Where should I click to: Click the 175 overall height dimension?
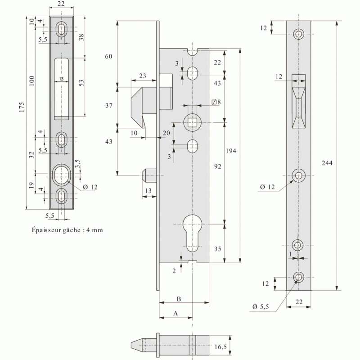click(x=22, y=107)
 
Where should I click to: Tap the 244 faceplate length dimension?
click(x=327, y=163)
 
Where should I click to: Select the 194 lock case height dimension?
click(x=231, y=151)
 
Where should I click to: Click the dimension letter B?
click(x=179, y=299)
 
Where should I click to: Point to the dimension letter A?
click(x=175, y=313)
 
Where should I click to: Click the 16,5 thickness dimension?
click(x=220, y=347)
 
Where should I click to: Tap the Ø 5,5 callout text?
click(x=261, y=307)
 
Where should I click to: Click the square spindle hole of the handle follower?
click(x=193, y=122)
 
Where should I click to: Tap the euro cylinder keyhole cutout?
click(x=193, y=233)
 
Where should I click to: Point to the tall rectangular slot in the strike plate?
click(x=62, y=89)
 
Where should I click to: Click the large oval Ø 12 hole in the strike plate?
click(x=61, y=175)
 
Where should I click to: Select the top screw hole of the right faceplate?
click(x=298, y=34)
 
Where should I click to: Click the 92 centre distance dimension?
click(x=218, y=166)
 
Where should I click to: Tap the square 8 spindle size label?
click(x=216, y=102)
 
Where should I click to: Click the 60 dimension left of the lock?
click(x=108, y=56)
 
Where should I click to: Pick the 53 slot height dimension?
click(x=81, y=83)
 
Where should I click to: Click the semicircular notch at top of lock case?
click(x=193, y=52)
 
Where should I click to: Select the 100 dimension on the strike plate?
click(x=31, y=81)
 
